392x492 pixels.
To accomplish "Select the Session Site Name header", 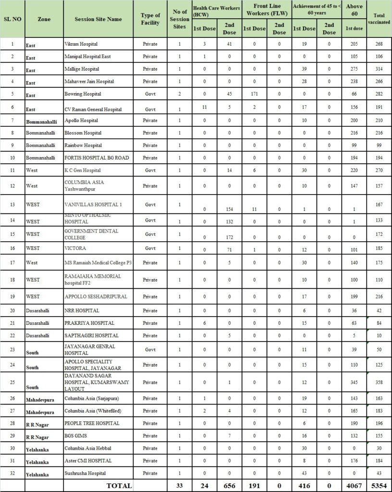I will [98, 19].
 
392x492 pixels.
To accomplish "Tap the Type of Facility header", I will [150, 19].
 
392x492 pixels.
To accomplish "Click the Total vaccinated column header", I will [379, 19].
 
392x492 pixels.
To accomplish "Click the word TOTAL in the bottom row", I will [119, 486].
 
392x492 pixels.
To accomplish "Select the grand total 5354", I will [379, 486].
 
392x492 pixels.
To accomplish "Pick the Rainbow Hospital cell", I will [83, 145].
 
